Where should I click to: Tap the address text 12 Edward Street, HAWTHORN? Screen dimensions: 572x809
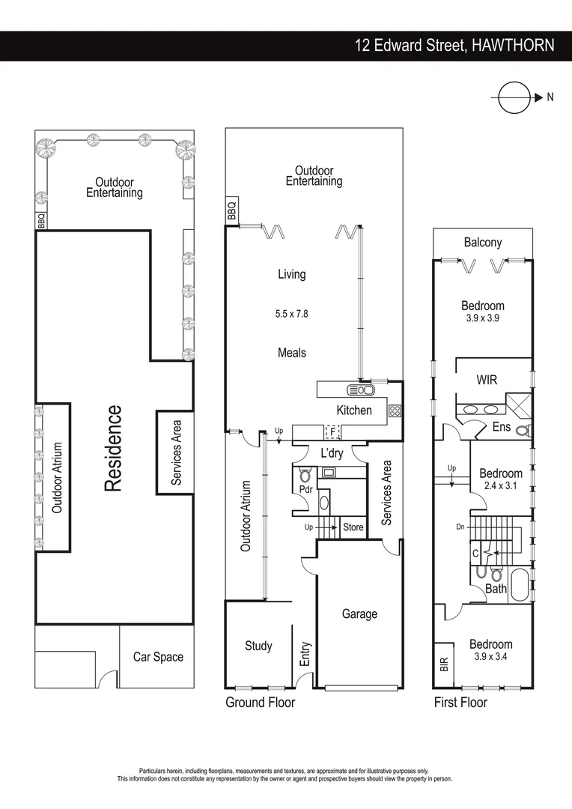[454, 45]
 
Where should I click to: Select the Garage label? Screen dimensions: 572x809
[359, 614]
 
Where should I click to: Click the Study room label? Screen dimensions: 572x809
[258, 646]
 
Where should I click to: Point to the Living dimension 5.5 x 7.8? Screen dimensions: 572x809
[291, 314]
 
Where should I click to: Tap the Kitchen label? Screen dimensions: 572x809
[353, 410]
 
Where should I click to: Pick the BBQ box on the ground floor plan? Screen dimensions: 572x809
[231, 210]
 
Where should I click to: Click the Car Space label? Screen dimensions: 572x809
[158, 657]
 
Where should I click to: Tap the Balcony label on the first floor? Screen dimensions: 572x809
[483, 242]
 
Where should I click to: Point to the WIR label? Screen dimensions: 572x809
[487, 380]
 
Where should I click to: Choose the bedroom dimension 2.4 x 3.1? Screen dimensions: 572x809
[501, 485]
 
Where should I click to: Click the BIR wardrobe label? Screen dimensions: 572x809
[443, 664]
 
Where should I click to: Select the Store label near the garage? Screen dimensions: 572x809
[353, 527]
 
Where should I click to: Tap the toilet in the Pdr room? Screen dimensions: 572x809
[305, 475]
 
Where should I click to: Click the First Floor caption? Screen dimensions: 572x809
[460, 703]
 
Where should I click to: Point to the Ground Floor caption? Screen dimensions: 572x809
[260, 703]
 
